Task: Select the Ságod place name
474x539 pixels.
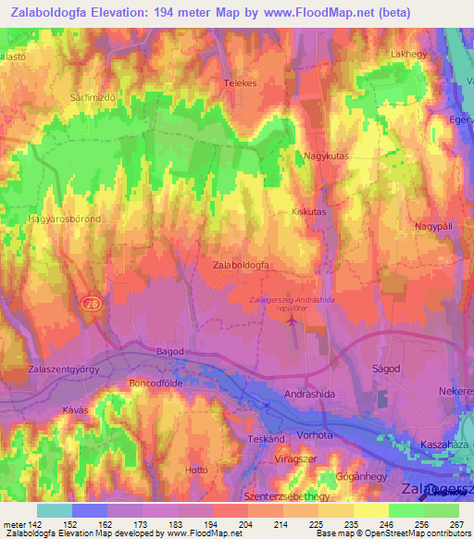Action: coord(385,368)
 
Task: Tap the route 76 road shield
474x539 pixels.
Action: coord(90,303)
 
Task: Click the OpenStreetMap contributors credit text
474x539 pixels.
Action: coord(413,533)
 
